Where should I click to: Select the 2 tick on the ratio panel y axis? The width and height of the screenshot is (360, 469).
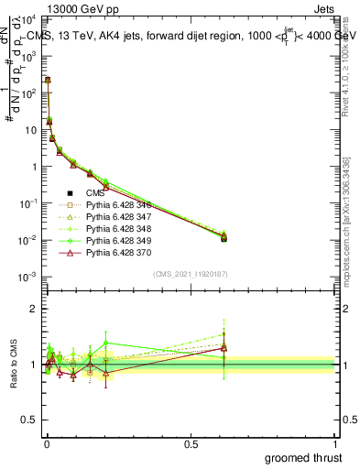point(33,309)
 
